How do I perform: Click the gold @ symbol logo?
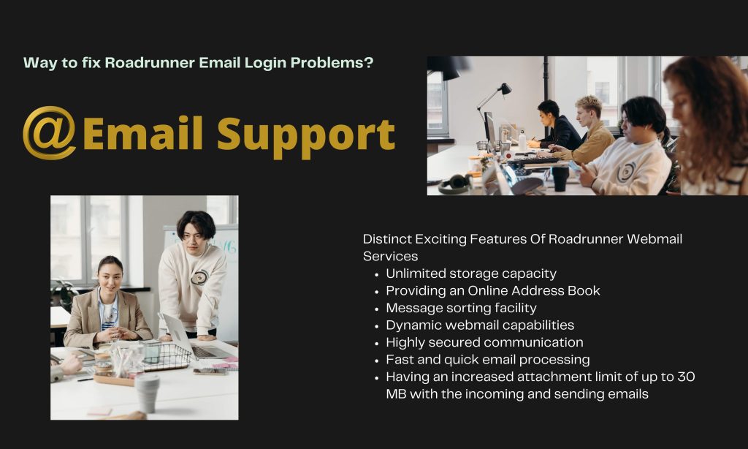[49, 133]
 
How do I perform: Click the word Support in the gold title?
[306, 136]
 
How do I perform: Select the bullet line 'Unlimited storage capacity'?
[471, 273]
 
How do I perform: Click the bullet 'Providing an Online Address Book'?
[493, 291]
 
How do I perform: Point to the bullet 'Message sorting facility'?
[461, 308]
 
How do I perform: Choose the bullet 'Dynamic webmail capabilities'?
[480, 325]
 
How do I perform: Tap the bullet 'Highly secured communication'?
[484, 342]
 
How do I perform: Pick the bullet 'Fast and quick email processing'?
[487, 360]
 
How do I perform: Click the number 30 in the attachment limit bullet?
[686, 377]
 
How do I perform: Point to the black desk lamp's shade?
[505, 88]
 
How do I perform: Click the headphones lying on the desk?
[456, 184]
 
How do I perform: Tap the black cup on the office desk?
[560, 178]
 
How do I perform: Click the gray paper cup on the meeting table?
[148, 393]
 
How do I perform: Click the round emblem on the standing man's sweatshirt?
[199, 277]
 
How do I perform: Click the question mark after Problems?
[368, 63]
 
